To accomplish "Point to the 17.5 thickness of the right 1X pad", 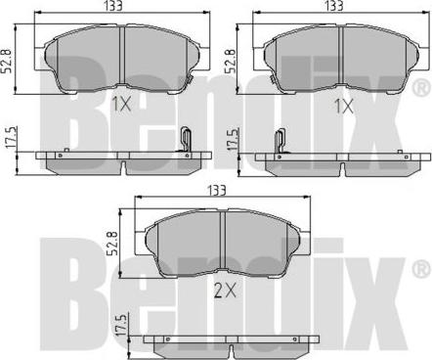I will pos(233,143).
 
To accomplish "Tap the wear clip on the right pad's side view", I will pos(278,145).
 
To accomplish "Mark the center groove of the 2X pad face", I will pos(225,242).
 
